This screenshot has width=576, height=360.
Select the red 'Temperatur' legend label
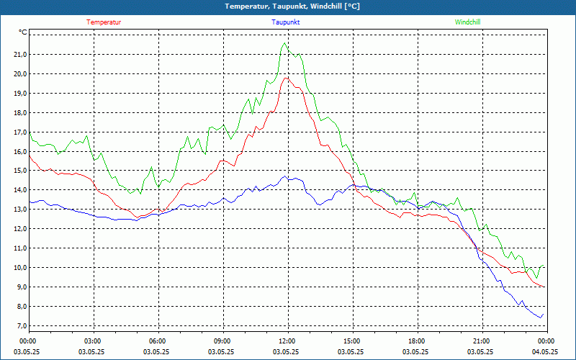[x=104, y=22]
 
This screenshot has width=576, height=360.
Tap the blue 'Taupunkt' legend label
[x=286, y=22]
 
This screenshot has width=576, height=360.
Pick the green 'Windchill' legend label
[x=468, y=22]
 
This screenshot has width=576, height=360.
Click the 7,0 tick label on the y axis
[x=19, y=326]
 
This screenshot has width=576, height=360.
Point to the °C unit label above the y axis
[x=23, y=32]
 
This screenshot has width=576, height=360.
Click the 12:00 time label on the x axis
[x=287, y=341]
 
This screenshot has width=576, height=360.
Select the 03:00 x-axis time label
[x=92, y=341]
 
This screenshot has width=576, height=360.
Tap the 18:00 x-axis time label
[x=416, y=341]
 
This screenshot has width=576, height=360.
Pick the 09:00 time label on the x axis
[x=222, y=341]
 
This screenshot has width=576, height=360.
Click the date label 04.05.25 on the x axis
[x=545, y=352]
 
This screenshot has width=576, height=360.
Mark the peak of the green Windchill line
[x=285, y=42]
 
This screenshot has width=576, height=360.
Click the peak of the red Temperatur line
[x=287, y=78]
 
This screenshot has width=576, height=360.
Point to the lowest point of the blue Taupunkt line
[x=540, y=318]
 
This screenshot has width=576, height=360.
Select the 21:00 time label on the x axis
[x=481, y=341]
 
